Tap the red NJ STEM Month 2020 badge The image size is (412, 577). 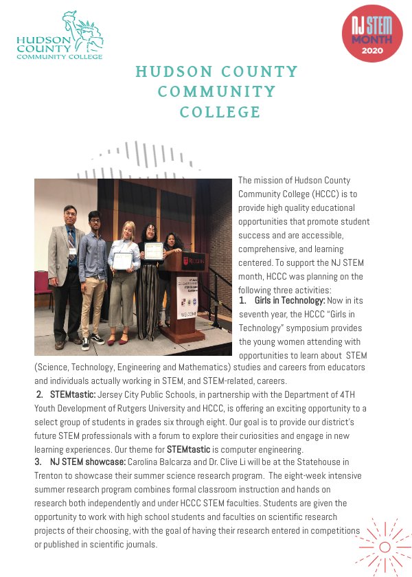[372, 36]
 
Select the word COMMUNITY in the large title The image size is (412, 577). [217, 91]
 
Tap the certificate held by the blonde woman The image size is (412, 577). [122, 260]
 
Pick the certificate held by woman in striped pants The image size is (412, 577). [153, 250]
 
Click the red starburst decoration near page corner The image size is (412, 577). [385, 546]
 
